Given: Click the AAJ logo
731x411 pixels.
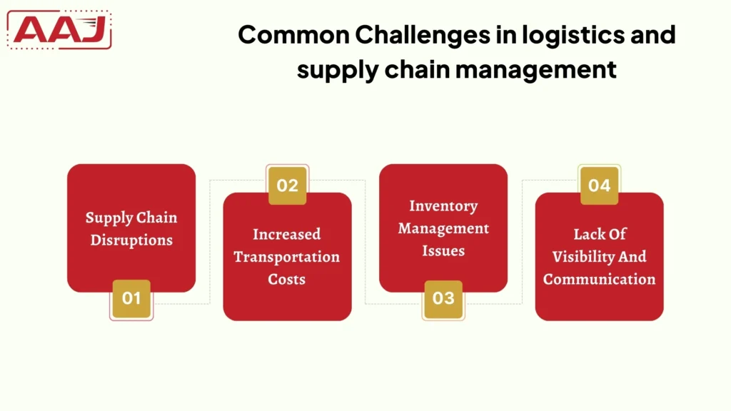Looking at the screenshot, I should tap(60, 30).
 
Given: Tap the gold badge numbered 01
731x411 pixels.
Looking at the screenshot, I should tap(131, 298).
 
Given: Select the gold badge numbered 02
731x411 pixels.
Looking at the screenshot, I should tap(287, 186).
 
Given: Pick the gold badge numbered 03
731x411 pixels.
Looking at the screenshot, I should tap(443, 298).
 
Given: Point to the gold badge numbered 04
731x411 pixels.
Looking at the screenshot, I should tap(600, 186).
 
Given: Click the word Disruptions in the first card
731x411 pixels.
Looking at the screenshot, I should tap(131, 240).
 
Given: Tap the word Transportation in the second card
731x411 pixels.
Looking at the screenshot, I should tap(287, 257).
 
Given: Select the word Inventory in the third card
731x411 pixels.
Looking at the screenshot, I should tap(443, 206).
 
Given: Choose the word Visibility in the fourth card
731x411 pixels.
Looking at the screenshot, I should tap(580, 257).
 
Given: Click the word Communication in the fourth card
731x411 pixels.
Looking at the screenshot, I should tap(600, 279).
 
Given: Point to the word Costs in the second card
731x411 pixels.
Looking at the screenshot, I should tap(287, 279).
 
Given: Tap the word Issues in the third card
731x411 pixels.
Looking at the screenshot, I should tap(443, 251).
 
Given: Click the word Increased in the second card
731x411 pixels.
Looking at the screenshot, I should tap(287, 234).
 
